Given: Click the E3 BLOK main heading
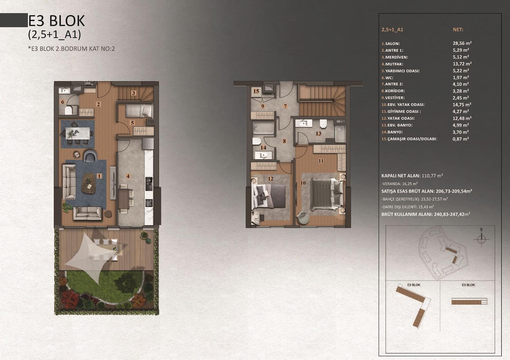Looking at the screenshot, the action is tap(56, 21).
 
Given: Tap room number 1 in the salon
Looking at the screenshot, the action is tap(99, 176).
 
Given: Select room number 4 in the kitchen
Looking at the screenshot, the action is tap(128, 176).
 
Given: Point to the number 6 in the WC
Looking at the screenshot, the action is tap(63, 102).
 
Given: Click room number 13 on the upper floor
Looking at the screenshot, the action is tap(318, 134).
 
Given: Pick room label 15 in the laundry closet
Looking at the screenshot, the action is tap(256, 91).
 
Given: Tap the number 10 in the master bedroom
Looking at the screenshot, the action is tap(303, 183).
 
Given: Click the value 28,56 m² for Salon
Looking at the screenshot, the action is tap(462, 43).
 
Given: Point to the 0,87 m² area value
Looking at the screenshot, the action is tap(461, 139).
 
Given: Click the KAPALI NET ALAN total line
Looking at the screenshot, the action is tap(412, 176).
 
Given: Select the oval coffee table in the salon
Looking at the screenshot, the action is tap(89, 183).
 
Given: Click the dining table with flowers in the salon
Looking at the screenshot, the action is tap(77, 133).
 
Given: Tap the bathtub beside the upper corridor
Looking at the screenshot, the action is tap(263, 128).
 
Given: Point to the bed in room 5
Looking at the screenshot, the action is tap(139, 111).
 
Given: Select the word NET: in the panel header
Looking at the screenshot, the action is tap(458, 30).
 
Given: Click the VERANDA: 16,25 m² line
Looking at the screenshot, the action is tap(399, 184).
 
